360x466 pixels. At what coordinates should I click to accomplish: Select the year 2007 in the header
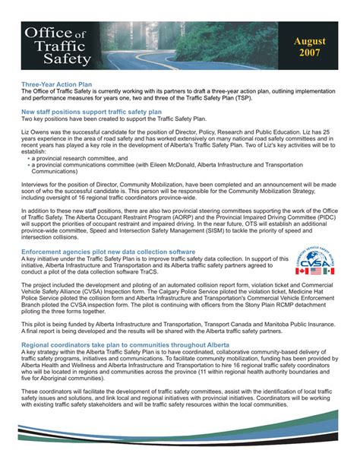pos(309,55)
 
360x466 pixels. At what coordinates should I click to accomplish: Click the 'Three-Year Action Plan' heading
pos(57,85)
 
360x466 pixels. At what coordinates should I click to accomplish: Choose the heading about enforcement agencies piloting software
pos(109,251)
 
